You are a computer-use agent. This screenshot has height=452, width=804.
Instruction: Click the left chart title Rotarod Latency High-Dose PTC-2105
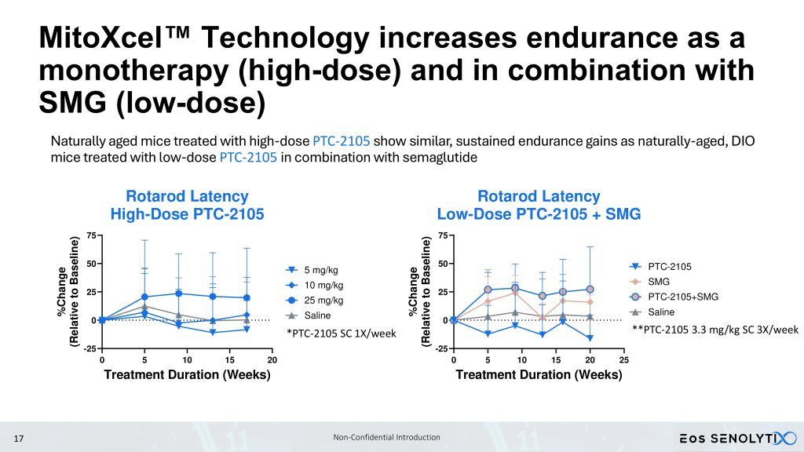click(x=187, y=205)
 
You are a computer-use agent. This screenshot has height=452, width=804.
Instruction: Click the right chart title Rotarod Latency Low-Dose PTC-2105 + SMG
click(x=539, y=205)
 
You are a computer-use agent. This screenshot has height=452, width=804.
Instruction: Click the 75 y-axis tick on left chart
click(x=91, y=235)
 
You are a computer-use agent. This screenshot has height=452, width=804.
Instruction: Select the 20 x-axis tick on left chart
click(x=272, y=359)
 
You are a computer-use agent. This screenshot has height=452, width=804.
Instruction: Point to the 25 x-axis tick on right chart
click(x=624, y=359)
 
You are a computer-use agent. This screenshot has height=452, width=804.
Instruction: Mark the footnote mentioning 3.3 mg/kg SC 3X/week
click(x=714, y=330)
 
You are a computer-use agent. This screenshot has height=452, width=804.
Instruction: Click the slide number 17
click(x=20, y=438)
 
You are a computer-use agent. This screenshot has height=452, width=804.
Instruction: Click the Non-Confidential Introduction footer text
click(x=386, y=437)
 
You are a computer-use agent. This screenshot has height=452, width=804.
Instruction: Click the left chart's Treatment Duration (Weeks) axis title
click(x=187, y=374)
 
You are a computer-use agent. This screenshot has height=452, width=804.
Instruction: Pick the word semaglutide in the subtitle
click(x=445, y=157)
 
